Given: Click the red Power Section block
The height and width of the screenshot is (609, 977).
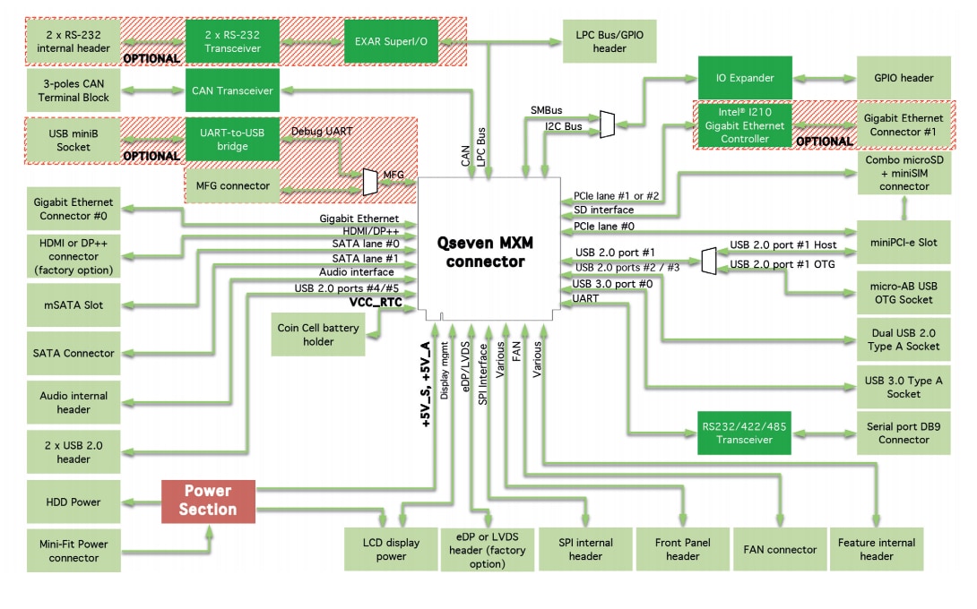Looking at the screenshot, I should [208, 501].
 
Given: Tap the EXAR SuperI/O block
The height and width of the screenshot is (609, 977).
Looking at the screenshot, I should [390, 40].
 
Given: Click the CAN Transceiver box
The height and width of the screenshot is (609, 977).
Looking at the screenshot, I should [232, 90].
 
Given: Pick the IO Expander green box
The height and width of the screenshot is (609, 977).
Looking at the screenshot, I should [745, 78].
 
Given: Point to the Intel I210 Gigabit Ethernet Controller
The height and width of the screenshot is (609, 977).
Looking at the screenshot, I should [745, 126].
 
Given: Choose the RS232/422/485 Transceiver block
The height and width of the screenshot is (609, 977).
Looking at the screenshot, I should [745, 433].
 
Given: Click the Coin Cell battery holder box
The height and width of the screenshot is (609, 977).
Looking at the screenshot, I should [318, 335].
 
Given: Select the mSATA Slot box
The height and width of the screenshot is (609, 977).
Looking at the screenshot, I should [72, 304].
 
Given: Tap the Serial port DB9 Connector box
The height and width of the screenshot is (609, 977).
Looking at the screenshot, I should [903, 433].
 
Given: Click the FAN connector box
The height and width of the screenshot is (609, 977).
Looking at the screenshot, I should [780, 549].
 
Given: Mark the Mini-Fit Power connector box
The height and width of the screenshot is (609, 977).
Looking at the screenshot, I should [72, 550].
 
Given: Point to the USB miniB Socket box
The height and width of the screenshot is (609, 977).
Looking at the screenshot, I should [72, 140].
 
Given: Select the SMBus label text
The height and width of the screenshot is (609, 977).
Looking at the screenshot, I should [546, 109].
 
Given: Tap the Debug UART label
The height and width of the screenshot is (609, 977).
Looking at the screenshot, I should [321, 131].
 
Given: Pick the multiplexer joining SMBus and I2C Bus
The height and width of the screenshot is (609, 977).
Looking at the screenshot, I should [608, 124].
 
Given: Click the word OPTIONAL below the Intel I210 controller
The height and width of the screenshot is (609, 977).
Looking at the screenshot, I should [824, 142].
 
